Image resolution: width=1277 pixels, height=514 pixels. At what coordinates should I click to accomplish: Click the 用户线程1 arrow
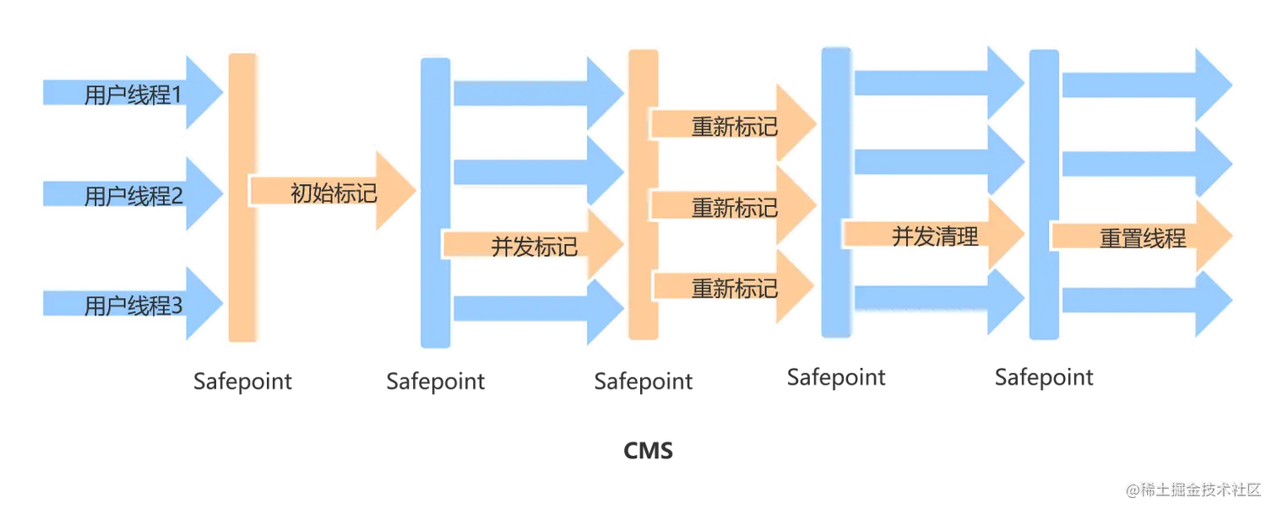pyautogui.click(x=127, y=94)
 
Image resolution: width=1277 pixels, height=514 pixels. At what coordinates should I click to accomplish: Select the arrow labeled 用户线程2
pyautogui.click(x=127, y=197)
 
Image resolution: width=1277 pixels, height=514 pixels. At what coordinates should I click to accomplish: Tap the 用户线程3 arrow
pyautogui.click(x=127, y=305)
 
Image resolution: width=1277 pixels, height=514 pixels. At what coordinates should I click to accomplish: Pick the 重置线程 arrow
pyautogui.click(x=1140, y=239)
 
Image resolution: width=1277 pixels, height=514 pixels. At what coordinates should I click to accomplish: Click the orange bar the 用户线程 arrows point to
pyautogui.click(x=242, y=198)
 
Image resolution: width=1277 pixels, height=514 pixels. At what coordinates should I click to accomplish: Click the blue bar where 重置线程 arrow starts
pyautogui.click(x=1044, y=197)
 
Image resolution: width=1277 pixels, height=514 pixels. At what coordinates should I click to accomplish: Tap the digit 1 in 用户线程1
pyautogui.click(x=177, y=95)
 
